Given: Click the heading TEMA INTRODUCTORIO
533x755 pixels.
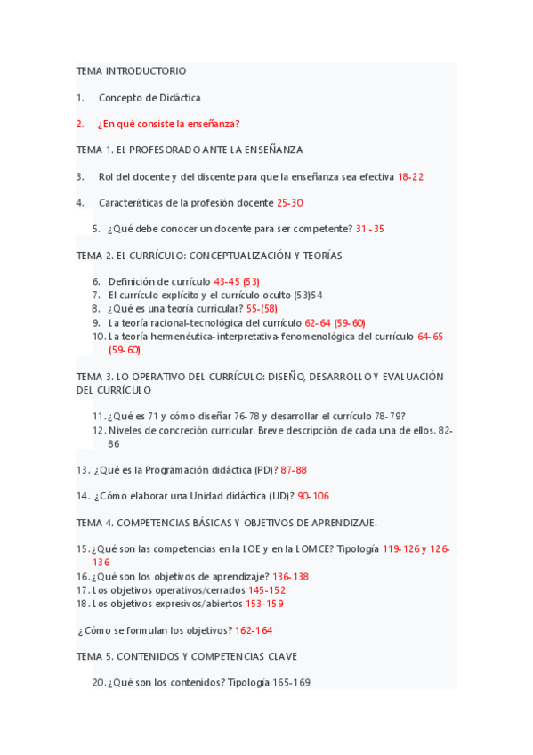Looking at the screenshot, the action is [131, 70].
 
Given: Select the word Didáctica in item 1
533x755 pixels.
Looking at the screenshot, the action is [179, 97].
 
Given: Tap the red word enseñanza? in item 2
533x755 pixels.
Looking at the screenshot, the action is [212, 124].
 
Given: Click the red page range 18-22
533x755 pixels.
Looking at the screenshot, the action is [410, 176].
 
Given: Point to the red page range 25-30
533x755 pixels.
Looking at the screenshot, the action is [290, 203].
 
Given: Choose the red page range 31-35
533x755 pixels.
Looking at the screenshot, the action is [369, 229].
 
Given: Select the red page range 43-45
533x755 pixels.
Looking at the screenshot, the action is [227, 281].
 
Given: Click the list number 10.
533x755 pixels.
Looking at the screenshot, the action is [98, 337].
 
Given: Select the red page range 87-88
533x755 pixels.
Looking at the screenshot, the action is [293, 469].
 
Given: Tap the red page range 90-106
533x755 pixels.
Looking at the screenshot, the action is [313, 496].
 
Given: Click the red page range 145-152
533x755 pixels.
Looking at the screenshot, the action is [267, 589].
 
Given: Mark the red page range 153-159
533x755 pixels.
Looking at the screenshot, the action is [265, 603].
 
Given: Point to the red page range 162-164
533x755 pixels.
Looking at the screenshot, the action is [254, 629].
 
